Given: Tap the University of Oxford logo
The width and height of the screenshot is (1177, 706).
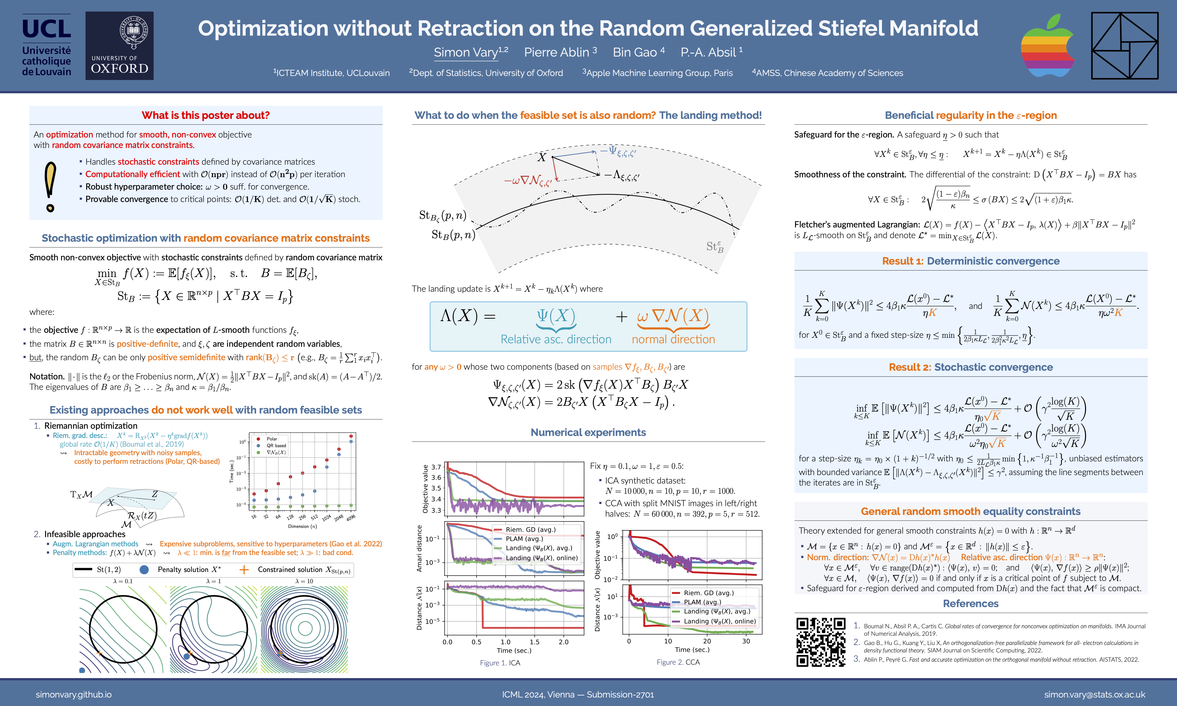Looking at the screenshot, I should point(119,46).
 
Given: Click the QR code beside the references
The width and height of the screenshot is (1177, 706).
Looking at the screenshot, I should point(821,642).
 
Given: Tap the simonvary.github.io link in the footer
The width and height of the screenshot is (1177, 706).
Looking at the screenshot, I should point(74,695).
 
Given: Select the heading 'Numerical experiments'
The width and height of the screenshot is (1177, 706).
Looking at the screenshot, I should point(588,432).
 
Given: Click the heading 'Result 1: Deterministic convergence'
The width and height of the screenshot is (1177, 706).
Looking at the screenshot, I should point(970,261).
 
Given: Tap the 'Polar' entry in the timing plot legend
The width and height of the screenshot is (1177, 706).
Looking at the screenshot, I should point(272,439).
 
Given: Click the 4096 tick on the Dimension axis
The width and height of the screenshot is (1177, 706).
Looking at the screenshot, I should point(351,518).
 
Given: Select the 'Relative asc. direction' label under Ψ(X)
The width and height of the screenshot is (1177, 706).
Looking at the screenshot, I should point(556,339).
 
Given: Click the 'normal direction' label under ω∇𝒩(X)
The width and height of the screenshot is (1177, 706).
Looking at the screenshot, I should point(673,339).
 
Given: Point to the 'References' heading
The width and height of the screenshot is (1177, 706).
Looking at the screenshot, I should point(970,604).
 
